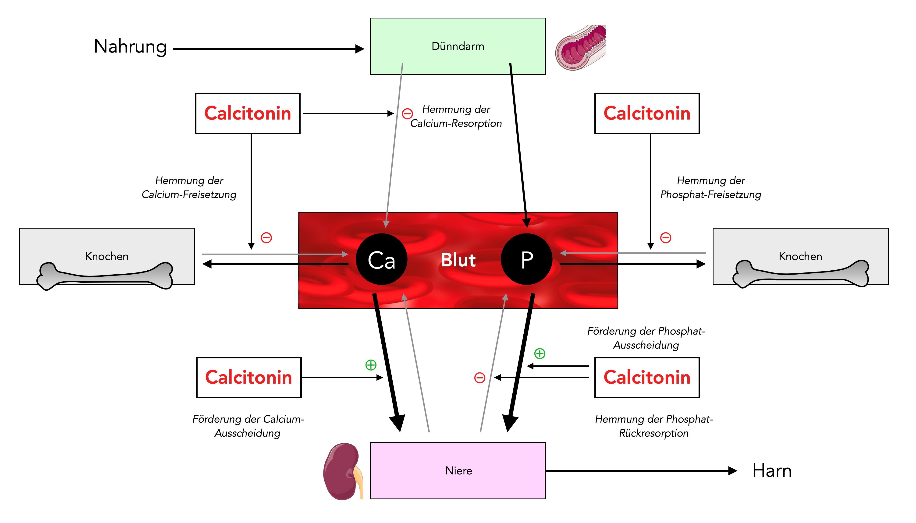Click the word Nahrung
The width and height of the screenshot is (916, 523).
coord(130,47)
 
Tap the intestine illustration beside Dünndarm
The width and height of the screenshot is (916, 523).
coord(580,47)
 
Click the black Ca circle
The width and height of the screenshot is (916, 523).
coord(381,259)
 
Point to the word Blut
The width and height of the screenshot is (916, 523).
coord(458,260)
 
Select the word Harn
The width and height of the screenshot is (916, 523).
coord(772,470)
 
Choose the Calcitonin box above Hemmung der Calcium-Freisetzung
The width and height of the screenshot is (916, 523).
coord(248,113)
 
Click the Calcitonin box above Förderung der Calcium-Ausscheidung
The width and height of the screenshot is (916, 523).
coord(249,378)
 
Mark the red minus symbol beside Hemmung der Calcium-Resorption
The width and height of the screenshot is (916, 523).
coord(407,114)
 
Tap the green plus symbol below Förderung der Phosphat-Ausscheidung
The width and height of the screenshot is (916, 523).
coord(540,353)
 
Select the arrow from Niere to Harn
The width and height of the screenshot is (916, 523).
coord(641,470)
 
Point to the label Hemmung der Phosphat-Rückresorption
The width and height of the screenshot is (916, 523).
coord(653,426)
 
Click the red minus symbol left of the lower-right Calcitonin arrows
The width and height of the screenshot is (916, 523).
coord(479,378)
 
